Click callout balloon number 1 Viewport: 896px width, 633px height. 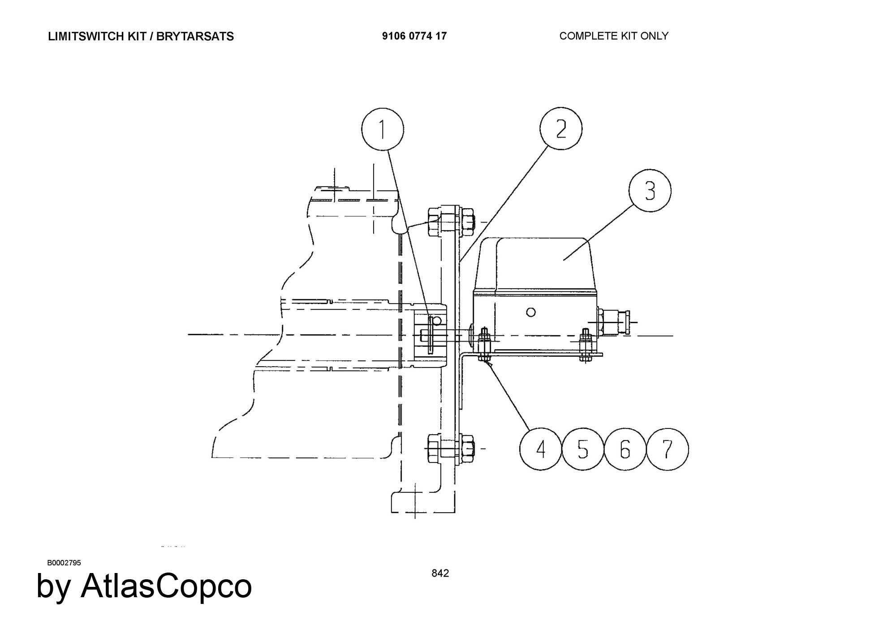point(382,129)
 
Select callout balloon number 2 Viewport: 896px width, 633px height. point(561,128)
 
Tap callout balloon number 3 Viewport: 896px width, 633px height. point(650,191)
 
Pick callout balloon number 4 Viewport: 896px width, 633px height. point(541,449)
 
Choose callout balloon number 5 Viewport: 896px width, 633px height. point(582,449)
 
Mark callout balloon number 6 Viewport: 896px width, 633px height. point(625,449)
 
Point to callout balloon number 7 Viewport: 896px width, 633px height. point(668,449)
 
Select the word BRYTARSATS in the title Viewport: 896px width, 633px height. point(195,36)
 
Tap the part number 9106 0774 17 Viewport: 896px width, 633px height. point(414,36)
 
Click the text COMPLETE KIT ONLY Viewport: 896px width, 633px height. point(614,36)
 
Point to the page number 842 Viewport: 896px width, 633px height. point(440,573)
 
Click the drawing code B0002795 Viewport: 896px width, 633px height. point(64,563)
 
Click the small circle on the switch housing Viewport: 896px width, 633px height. point(531,312)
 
